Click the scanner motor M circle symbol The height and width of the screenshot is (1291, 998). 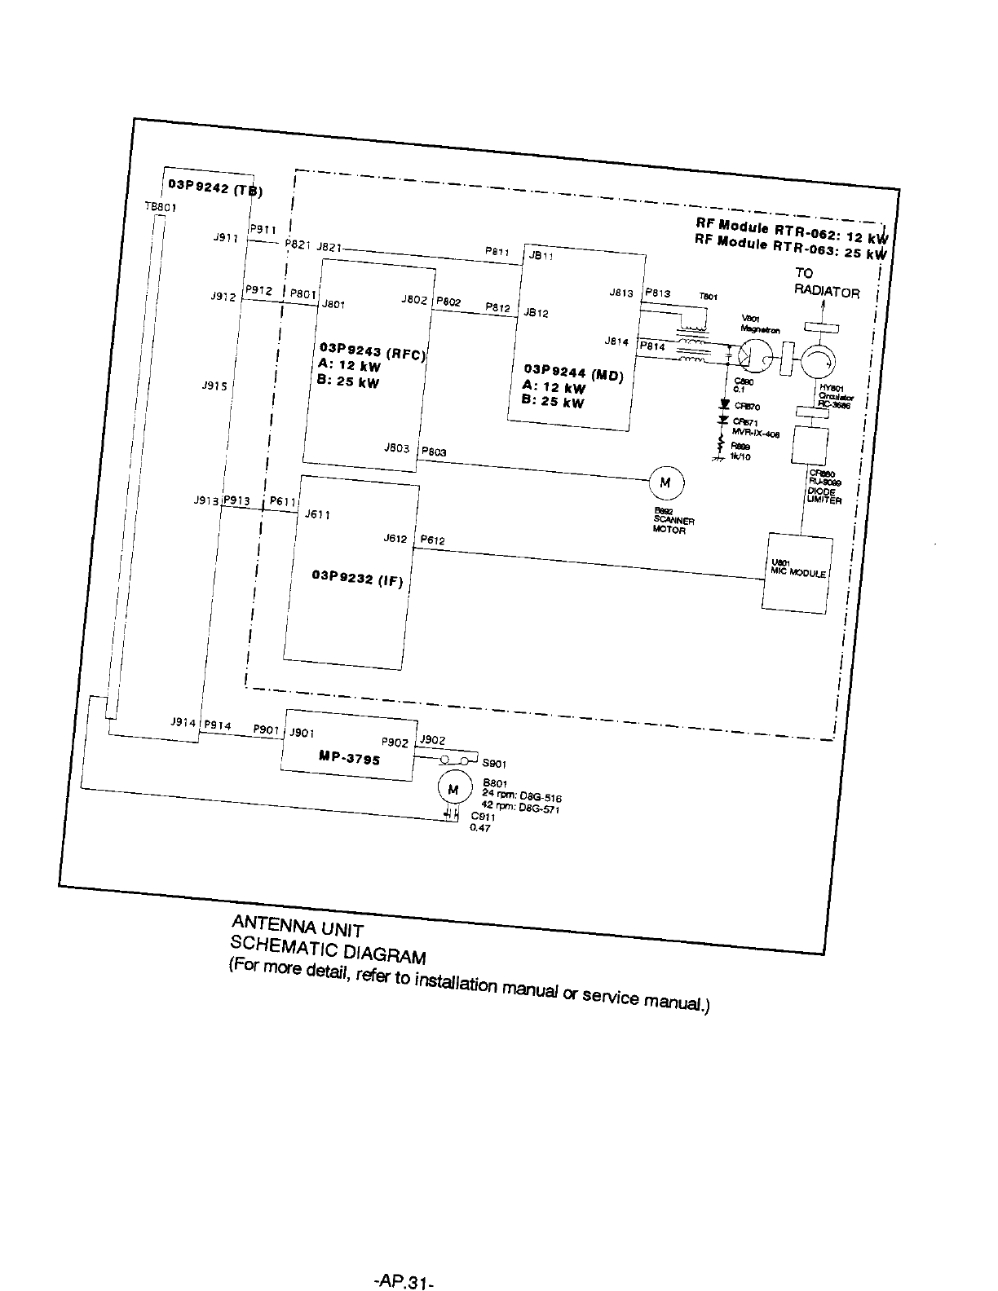point(665,482)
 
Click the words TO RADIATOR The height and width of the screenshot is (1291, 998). point(825,284)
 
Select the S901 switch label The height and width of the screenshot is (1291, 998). point(494,764)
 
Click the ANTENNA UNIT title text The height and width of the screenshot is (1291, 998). point(297,926)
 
